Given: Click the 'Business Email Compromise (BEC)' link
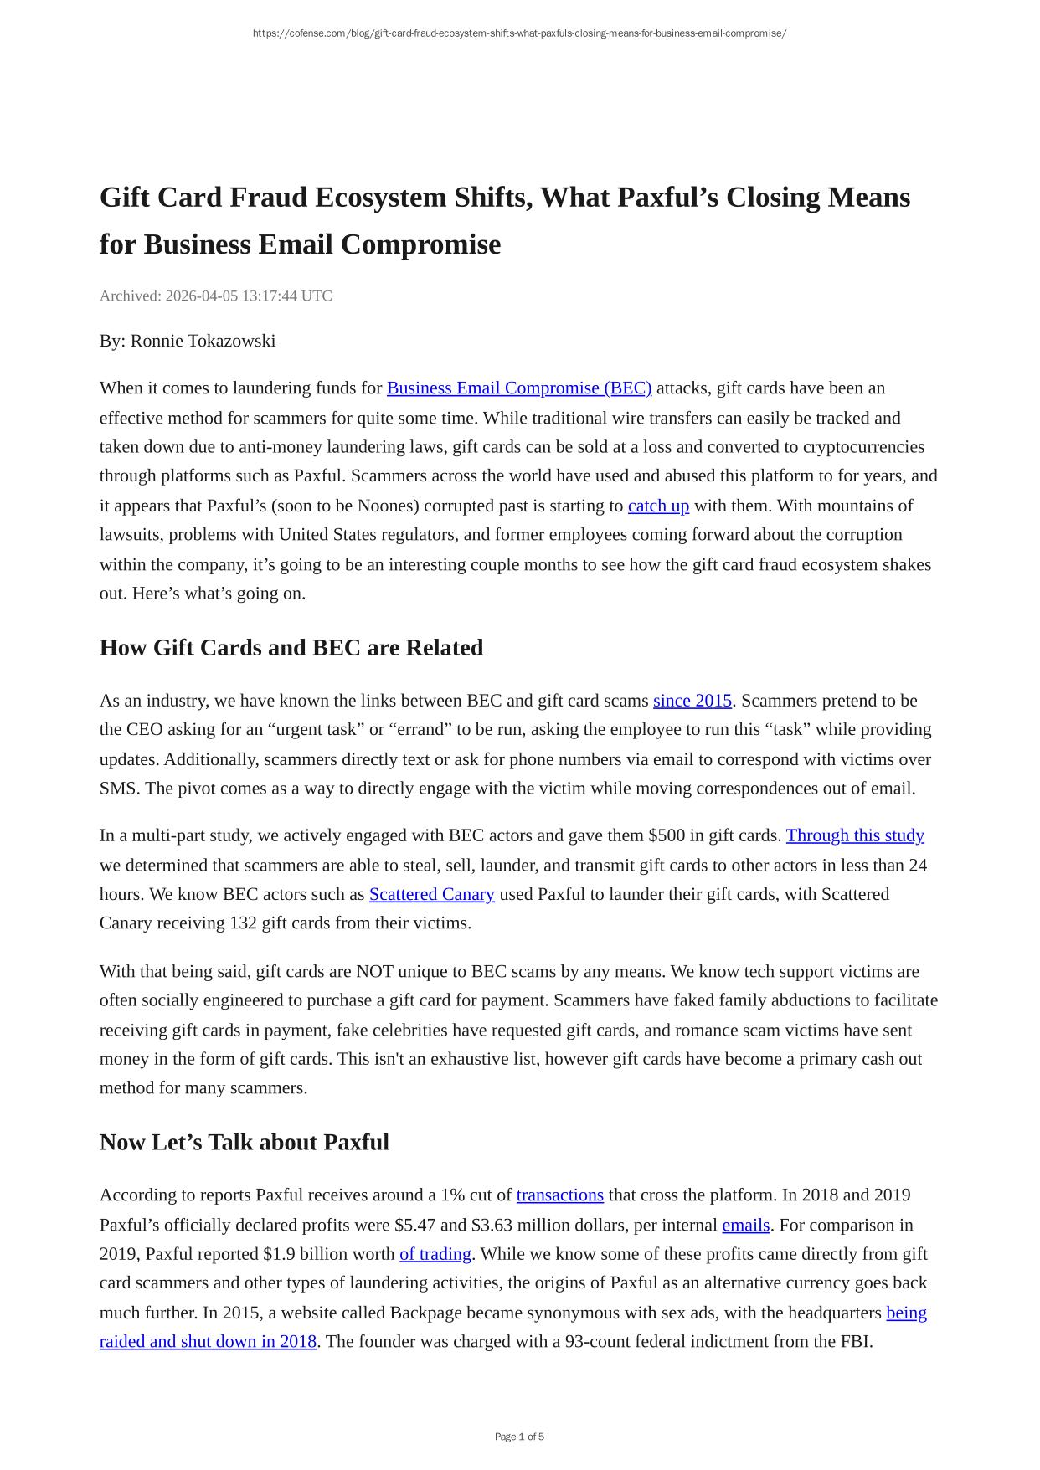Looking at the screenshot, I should coord(518,388).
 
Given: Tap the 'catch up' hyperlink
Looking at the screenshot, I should coord(658,506).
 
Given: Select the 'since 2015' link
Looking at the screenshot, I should coord(692,701).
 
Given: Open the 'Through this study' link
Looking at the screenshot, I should coord(854,835).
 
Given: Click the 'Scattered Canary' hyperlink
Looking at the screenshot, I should coord(431,894).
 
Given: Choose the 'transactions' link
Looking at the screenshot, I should coord(559,1195).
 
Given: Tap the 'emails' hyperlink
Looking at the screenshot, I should coord(745,1225).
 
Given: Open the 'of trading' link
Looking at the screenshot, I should coord(435,1254).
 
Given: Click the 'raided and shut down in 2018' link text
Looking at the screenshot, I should coord(208,1341).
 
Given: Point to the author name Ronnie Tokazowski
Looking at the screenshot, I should coord(203,341).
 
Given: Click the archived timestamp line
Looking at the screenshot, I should coord(216,296).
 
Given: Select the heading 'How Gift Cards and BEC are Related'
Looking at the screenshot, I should coord(291,648).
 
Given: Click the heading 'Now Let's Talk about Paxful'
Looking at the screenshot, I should coord(245,1143).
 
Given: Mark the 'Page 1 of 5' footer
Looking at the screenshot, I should coord(519,1437).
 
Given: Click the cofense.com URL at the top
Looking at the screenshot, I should coord(519,33).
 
